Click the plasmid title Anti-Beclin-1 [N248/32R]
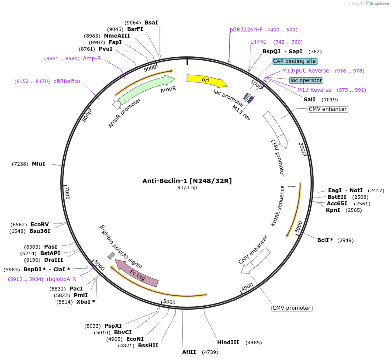[187, 181]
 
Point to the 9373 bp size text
[187, 187]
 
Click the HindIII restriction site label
[228, 343]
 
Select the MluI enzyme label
[38, 164]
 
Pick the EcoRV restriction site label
[40, 225]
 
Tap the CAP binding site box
[294, 61]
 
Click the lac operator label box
[306, 80]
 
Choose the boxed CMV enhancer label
[328, 109]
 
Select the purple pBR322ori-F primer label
[246, 30]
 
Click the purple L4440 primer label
[258, 42]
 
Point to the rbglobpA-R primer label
[62, 279]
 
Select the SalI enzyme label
[309, 100]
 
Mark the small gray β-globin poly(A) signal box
[111, 256]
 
